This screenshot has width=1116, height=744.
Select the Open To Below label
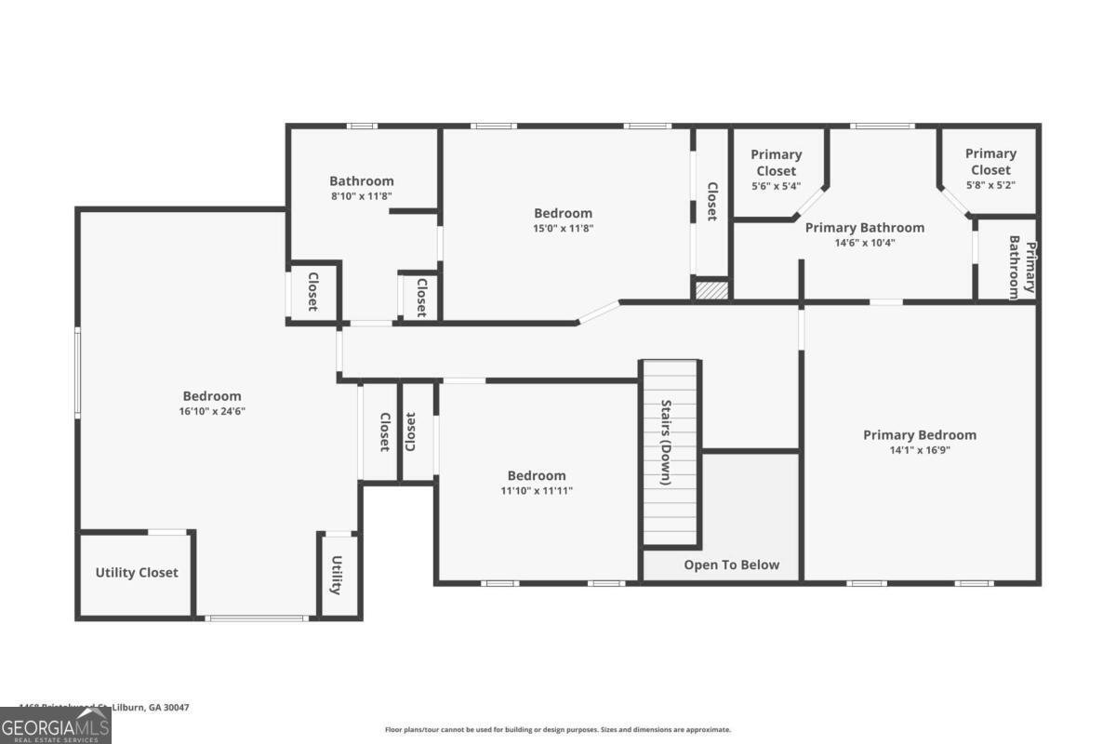(x=732, y=565)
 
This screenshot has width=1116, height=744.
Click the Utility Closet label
(x=137, y=573)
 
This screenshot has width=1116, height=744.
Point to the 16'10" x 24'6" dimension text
(x=211, y=411)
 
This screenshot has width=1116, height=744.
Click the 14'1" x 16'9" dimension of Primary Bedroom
(x=919, y=450)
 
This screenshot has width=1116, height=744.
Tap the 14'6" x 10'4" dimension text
(x=864, y=243)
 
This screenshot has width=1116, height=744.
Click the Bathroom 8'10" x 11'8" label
(x=362, y=188)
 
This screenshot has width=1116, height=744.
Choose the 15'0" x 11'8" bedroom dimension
(x=563, y=228)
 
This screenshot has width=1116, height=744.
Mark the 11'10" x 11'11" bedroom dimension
(x=537, y=490)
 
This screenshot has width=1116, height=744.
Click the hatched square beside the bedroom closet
(x=711, y=290)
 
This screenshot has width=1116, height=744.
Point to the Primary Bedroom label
(x=920, y=434)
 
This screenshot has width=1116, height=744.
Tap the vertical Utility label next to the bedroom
(x=337, y=576)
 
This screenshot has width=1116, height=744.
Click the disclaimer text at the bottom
(x=558, y=730)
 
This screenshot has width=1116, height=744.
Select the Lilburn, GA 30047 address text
(x=104, y=708)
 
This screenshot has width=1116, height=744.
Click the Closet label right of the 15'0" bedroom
(x=711, y=201)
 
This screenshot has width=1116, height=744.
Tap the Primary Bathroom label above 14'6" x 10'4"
(x=864, y=228)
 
